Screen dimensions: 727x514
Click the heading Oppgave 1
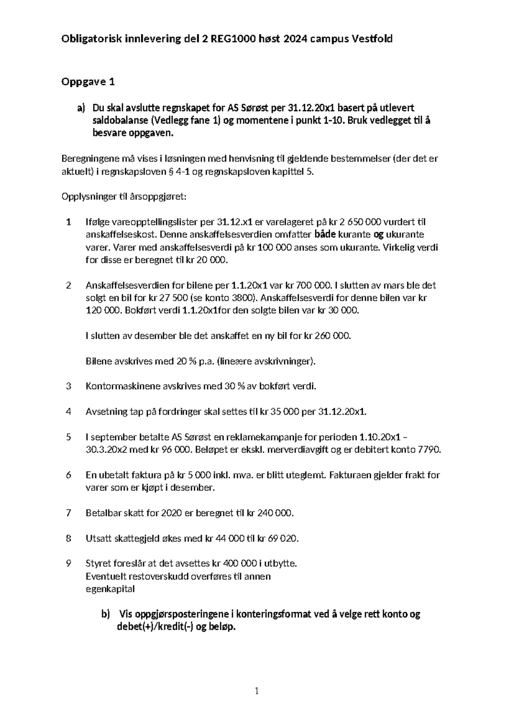(88, 82)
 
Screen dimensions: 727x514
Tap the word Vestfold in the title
(371, 39)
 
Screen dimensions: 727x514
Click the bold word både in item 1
(326, 234)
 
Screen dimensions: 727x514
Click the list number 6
(68, 475)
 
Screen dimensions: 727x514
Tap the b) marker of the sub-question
(105, 614)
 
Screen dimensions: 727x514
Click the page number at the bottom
(257, 691)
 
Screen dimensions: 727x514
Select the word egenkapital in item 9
(110, 589)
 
